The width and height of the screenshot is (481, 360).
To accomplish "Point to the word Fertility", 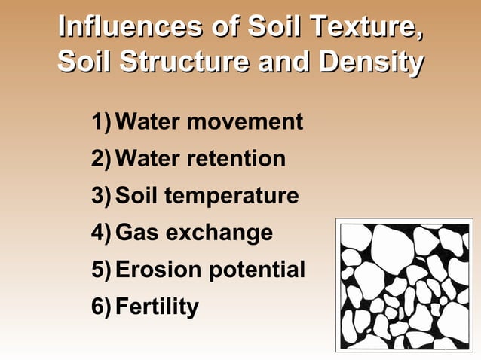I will tap(158, 307).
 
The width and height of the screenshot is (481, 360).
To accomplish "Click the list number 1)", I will tap(103, 121).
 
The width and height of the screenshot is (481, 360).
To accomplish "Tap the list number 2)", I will tap(103, 159).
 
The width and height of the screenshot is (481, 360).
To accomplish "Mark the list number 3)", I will tap(103, 196).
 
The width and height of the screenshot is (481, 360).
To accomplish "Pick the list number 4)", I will tap(103, 233).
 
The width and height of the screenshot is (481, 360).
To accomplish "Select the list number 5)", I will tap(103, 270).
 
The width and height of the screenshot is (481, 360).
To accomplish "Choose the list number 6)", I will tap(103, 307).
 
